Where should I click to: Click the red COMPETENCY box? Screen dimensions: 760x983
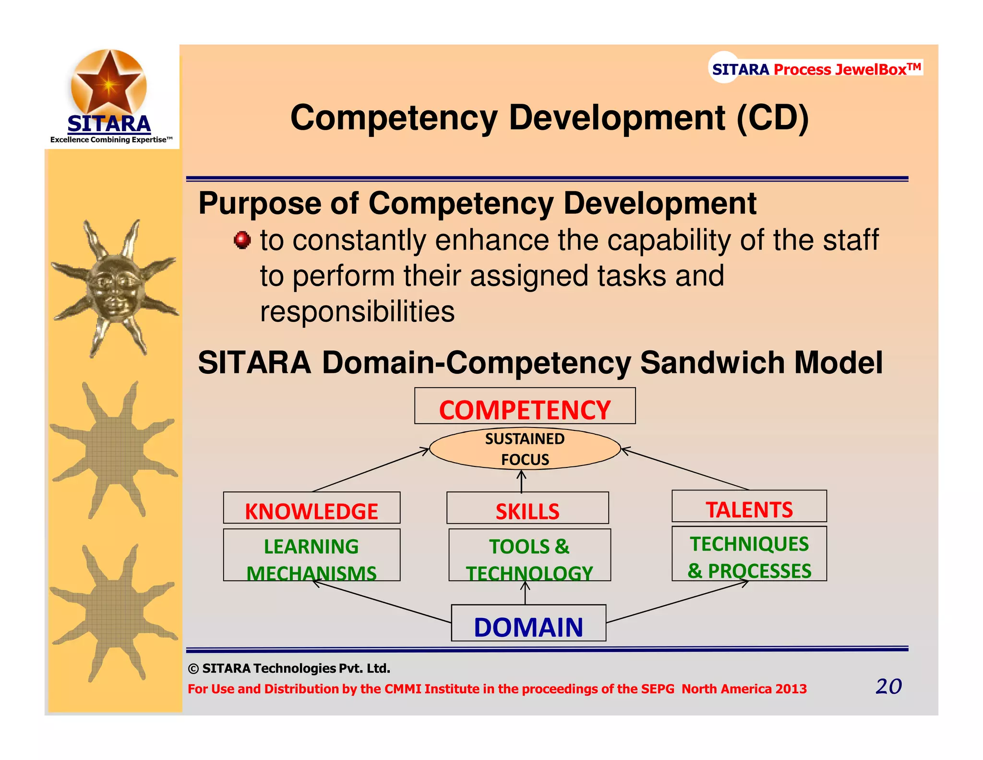(525, 406)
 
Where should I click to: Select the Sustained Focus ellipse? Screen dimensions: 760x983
(525, 449)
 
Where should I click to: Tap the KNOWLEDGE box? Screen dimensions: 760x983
(312, 508)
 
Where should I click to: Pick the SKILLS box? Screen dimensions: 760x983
(527, 508)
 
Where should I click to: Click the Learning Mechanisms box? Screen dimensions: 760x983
(312, 555)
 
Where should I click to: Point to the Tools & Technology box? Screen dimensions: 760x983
(529, 555)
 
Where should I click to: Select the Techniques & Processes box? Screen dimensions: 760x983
(749, 553)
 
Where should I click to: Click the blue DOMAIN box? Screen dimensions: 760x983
(528, 623)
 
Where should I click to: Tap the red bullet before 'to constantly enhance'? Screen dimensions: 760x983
(242, 240)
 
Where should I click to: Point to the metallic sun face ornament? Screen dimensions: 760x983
(114, 288)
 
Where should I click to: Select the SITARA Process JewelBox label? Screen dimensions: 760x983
(816, 69)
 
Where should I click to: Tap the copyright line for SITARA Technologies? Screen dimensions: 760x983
(289, 668)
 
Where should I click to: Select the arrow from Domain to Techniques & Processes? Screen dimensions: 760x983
(677, 601)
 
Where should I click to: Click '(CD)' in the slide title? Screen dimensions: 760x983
(773, 118)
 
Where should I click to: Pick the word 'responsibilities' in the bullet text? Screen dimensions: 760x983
(357, 312)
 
